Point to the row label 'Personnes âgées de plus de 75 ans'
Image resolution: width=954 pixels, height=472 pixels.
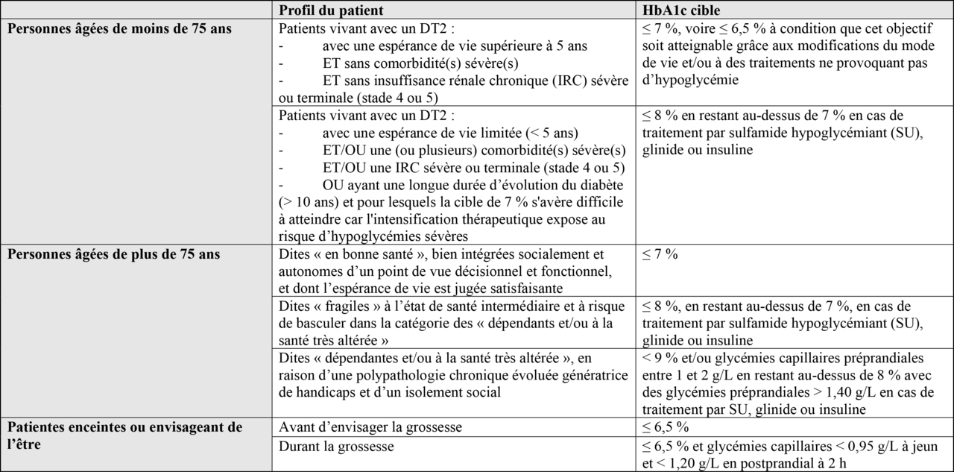point(113,254)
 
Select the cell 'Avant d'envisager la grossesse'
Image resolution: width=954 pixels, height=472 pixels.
point(370,427)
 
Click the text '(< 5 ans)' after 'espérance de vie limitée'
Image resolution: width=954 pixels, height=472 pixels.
point(552,133)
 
